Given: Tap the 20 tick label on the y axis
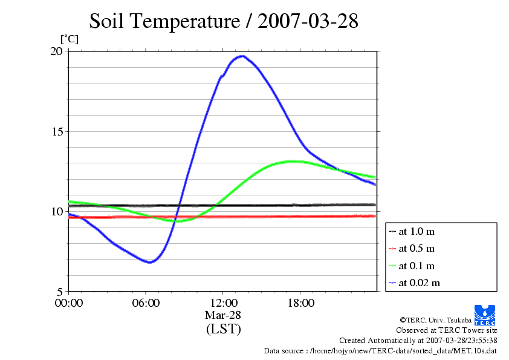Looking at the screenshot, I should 56,51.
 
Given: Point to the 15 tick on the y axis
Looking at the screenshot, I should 56,131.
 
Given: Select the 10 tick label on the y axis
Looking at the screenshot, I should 56,211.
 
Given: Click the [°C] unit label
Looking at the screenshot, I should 68,39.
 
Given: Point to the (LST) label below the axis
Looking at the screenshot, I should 223,329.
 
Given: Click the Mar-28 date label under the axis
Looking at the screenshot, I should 223,315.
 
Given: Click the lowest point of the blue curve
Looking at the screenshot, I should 151,262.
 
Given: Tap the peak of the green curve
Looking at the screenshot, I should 291,161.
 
